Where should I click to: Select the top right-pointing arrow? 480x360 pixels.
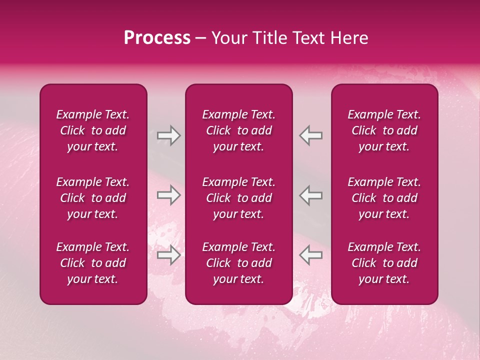pyautogui.click(x=168, y=135)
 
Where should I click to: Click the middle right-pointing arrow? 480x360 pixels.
pyautogui.click(x=168, y=195)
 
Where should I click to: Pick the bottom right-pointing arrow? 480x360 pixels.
pyautogui.click(x=168, y=255)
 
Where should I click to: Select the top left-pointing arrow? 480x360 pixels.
pyautogui.click(x=311, y=135)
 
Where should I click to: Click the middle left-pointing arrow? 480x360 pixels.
pyautogui.click(x=311, y=195)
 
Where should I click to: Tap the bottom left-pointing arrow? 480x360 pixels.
pyautogui.click(x=311, y=255)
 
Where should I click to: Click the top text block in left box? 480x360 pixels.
pyautogui.click(x=93, y=130)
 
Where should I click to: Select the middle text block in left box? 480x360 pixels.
pyautogui.click(x=93, y=198)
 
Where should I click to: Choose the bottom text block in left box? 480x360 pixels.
pyautogui.click(x=93, y=263)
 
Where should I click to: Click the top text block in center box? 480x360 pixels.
pyautogui.click(x=238, y=130)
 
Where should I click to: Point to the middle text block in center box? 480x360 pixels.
pyautogui.click(x=238, y=198)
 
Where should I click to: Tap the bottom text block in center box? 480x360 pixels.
pyautogui.click(x=238, y=263)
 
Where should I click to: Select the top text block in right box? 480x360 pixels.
pyautogui.click(x=384, y=130)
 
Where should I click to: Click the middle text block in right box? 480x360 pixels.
pyautogui.click(x=384, y=198)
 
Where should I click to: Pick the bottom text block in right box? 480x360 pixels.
pyautogui.click(x=384, y=263)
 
